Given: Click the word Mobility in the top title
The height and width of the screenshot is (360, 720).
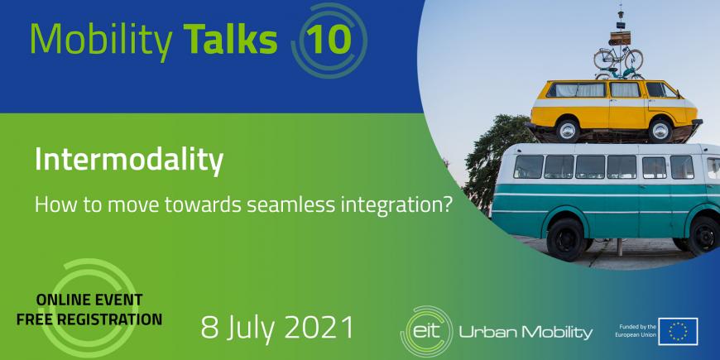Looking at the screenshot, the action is tap(102, 39).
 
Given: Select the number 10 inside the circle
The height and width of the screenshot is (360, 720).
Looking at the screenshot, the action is tap(329, 39).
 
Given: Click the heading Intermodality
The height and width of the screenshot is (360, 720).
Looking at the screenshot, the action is tap(129, 161).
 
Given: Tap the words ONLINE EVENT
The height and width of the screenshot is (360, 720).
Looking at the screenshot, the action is tap(89, 300).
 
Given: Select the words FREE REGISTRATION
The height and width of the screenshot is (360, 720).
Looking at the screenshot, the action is tap(89, 319).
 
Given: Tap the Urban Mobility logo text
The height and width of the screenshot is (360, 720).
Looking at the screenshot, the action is tap(526, 333).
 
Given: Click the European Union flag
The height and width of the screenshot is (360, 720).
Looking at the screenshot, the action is tap(678, 331).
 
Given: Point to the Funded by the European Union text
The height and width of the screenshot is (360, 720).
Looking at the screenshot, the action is tap(635, 331).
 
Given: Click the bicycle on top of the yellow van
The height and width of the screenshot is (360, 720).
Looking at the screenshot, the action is tap(618, 60).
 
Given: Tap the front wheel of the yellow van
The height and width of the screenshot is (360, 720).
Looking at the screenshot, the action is tap(661, 131).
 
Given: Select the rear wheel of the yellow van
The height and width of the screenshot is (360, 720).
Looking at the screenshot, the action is tap(569, 131).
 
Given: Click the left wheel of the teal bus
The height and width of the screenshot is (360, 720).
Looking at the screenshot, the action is tap(566, 239).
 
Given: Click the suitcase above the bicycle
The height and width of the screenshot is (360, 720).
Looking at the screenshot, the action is tap(620, 38).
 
